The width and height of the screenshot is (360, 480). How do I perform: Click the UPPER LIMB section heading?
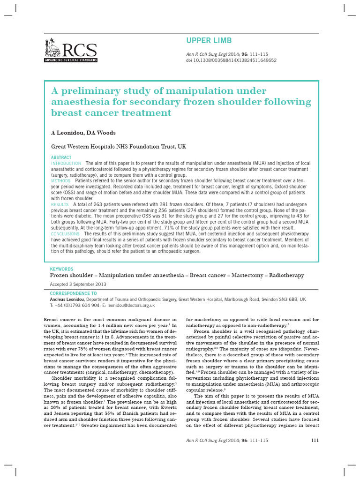click(x=209, y=41)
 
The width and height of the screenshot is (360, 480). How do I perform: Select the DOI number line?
click(x=232, y=60)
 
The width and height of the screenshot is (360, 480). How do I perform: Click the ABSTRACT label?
click(x=61, y=157)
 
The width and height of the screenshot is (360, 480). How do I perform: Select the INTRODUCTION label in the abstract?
click(x=66, y=163)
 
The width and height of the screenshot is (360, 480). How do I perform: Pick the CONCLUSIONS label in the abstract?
click(x=65, y=233)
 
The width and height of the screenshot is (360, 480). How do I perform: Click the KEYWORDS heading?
click(x=61, y=269)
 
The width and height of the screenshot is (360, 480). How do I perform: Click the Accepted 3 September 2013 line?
click(x=78, y=284)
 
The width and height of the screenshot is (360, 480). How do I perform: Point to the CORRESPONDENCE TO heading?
click(x=74, y=293)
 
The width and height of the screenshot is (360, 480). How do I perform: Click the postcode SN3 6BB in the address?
click(x=286, y=299)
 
